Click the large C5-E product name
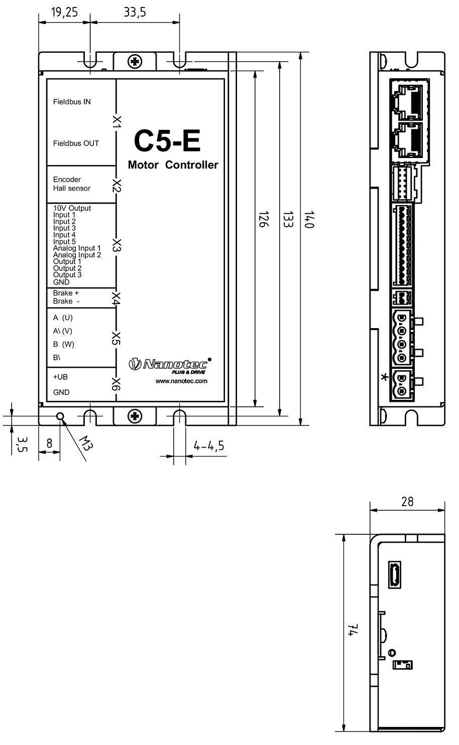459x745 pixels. (167, 141)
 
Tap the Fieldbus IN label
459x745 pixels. (72, 102)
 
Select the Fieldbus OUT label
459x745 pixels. (76, 143)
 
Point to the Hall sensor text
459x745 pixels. (72, 188)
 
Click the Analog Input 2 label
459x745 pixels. (77, 255)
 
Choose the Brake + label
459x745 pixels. (66, 293)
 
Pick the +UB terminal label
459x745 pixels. (60, 377)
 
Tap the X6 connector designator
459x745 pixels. (116, 384)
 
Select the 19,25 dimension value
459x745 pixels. (64, 13)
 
